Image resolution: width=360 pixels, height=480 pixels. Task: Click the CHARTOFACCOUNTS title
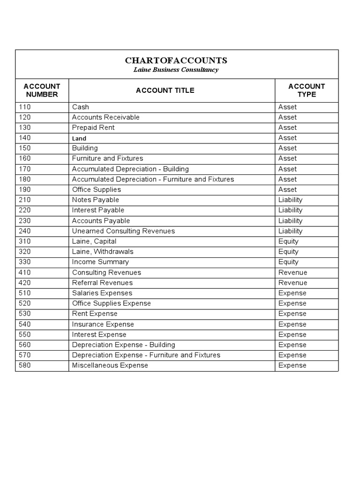tap(176, 60)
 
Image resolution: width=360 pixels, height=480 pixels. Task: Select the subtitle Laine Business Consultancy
tap(176, 70)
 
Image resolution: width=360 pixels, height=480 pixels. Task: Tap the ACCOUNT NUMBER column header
tap(42, 90)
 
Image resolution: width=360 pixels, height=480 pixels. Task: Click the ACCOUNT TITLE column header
tap(165, 90)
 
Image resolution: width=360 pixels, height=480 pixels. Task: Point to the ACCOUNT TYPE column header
tap(307, 90)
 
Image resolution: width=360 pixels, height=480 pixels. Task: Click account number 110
tap(24, 107)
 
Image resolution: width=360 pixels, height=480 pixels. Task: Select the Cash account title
tap(80, 107)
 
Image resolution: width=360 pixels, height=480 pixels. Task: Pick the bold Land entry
tap(79, 138)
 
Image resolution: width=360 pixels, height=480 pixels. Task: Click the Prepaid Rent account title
tap(93, 127)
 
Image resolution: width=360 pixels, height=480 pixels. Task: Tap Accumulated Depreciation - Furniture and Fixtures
tap(153, 179)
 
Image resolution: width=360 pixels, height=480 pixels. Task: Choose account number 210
tap(24, 200)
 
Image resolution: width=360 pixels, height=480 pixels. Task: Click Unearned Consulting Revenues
tap(123, 231)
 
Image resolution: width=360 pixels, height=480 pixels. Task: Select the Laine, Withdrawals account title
tap(103, 252)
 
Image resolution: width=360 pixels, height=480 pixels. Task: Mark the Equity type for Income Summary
tap(288, 262)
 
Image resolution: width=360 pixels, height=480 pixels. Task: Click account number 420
tap(24, 283)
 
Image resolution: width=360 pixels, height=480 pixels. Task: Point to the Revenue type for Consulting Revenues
tap(292, 272)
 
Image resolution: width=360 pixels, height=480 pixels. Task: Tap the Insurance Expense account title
tap(103, 324)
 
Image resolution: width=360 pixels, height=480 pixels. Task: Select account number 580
tap(24, 365)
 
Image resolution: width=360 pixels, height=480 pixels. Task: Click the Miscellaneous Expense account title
tap(110, 365)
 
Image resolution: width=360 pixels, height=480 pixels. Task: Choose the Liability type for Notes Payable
tap(290, 200)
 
